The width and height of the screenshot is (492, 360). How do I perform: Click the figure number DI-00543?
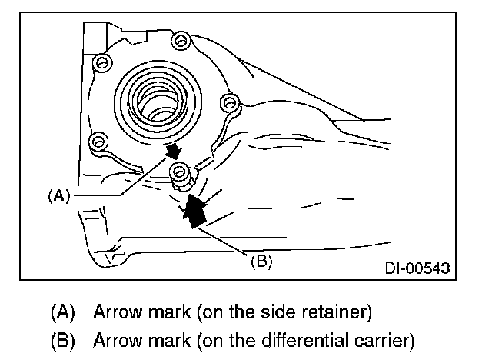(x=417, y=269)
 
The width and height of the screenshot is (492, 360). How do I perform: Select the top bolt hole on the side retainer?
(x=180, y=39)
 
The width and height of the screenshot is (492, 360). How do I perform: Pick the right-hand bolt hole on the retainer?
(x=226, y=102)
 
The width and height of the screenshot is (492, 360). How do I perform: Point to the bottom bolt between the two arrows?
(x=179, y=171)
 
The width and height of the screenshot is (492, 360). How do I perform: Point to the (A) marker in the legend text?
(x=64, y=313)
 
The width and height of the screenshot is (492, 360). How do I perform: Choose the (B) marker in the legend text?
(x=64, y=337)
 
